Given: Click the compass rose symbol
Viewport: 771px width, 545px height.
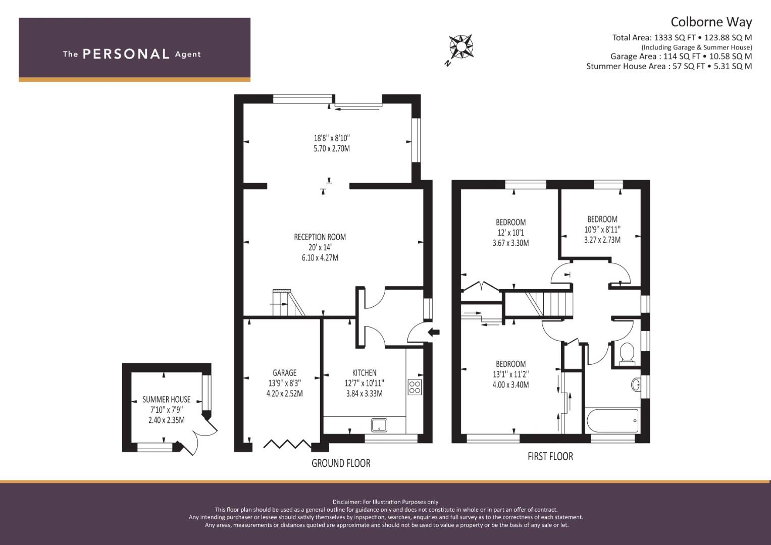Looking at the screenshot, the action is (x=461, y=47).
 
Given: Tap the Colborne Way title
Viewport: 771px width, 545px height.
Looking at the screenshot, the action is (x=711, y=22).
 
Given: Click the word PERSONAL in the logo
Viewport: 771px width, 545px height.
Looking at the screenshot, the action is (x=126, y=54).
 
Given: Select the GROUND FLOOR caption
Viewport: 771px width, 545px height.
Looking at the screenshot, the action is (x=341, y=463).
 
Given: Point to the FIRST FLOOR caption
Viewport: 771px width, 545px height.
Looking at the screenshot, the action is (x=550, y=456).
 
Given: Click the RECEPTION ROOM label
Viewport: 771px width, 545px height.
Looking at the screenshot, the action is (x=320, y=237).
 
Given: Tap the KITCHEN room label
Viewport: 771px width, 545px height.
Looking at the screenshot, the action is (x=364, y=372).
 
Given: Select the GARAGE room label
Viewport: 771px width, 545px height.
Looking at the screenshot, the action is (x=284, y=372).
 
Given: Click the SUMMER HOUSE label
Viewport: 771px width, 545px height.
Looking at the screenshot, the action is (x=166, y=399).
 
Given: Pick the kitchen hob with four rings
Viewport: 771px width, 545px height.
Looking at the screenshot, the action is (x=415, y=387).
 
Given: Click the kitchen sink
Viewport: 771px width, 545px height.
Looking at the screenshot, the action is (x=379, y=425).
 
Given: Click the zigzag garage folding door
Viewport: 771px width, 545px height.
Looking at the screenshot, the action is (x=287, y=444).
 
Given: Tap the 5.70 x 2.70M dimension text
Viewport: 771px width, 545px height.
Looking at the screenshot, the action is (x=331, y=149).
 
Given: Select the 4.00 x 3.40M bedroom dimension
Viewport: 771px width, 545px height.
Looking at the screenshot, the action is (x=510, y=385).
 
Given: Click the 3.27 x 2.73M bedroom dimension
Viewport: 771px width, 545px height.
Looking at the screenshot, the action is (x=602, y=240).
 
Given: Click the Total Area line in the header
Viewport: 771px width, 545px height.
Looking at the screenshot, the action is (x=682, y=37).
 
